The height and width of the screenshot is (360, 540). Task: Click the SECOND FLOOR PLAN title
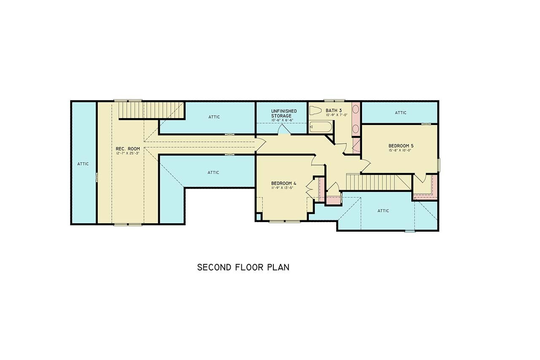tap(243, 267)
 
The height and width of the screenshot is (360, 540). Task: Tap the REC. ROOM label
tap(128, 149)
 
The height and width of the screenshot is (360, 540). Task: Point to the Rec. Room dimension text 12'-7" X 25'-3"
tap(128, 154)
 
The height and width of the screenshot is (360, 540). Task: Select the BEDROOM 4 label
tap(283, 183)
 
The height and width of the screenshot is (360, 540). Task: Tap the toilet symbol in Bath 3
tap(316, 111)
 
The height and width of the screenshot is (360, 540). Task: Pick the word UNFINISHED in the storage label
tap(283, 111)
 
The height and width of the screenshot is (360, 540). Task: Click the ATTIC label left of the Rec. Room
tap(83, 164)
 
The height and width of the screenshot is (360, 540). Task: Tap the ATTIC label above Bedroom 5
tap(400, 113)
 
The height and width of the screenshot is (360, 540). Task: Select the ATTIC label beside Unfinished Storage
tap(214, 117)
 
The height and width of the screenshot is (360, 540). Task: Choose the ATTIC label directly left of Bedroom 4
tap(213, 172)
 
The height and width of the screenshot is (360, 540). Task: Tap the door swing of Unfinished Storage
tap(284, 130)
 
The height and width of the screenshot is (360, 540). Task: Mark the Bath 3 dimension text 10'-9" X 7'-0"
tap(336, 114)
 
